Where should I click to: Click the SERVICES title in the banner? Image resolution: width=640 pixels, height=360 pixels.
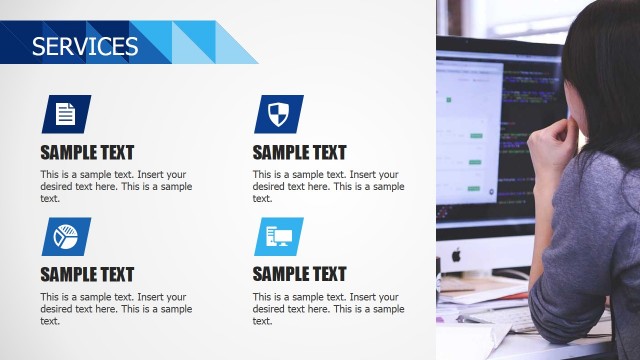pyautogui.click(x=85, y=46)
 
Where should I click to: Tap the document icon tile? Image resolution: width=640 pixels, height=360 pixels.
pyautogui.click(x=66, y=114)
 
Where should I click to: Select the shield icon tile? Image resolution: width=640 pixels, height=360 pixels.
pyautogui.click(x=278, y=114)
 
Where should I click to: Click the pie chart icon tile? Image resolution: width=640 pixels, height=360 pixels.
pyautogui.click(x=66, y=236)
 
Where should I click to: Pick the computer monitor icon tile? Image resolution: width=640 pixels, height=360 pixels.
pyautogui.click(x=278, y=236)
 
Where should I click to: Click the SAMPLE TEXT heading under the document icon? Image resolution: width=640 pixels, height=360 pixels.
pyautogui.click(x=87, y=153)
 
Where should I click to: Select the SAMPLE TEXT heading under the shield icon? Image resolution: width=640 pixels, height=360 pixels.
pyautogui.click(x=299, y=153)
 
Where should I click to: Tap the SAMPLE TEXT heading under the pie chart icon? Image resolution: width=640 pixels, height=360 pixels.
pyautogui.click(x=87, y=274)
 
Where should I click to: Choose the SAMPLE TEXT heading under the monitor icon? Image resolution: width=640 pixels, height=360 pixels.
pyautogui.click(x=299, y=274)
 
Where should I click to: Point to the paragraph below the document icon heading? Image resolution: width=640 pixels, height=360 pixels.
pyautogui.click(x=116, y=186)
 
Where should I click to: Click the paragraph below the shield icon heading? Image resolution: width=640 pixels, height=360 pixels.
pyautogui.click(x=328, y=186)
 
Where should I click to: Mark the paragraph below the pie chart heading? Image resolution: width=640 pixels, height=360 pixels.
pyautogui.click(x=116, y=308)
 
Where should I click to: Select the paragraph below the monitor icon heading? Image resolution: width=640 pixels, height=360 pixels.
pyautogui.click(x=328, y=308)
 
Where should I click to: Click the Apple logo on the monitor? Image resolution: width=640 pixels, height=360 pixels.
pyautogui.click(x=456, y=255)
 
